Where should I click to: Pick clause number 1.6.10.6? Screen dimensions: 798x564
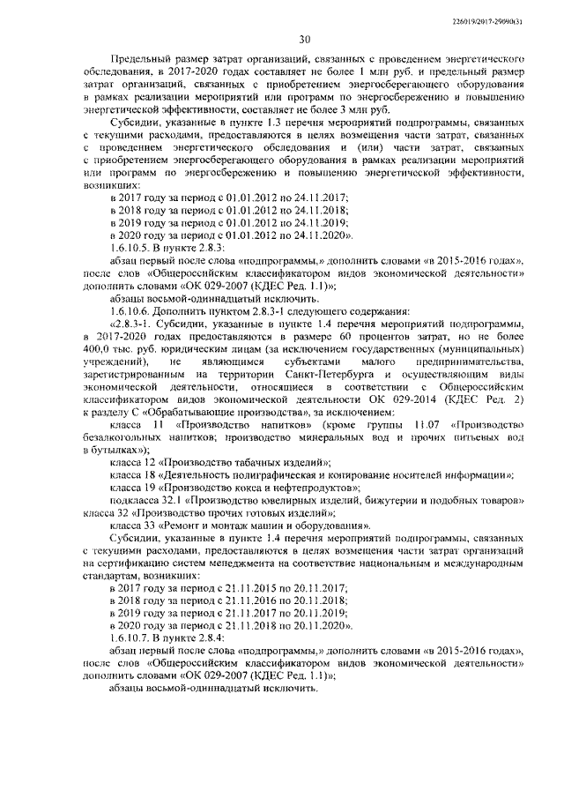(132, 311)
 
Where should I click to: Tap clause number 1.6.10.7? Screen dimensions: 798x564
(132, 635)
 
